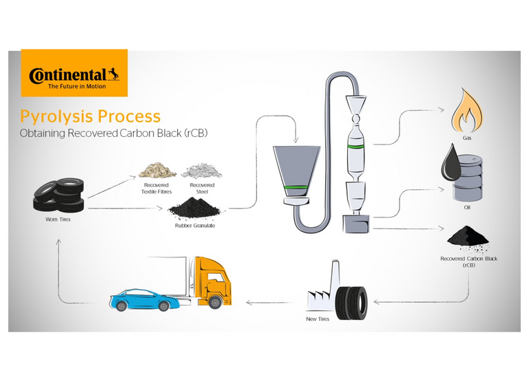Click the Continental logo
tap(74, 73)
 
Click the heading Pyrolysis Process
tap(90, 116)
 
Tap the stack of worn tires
tap(59, 195)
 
